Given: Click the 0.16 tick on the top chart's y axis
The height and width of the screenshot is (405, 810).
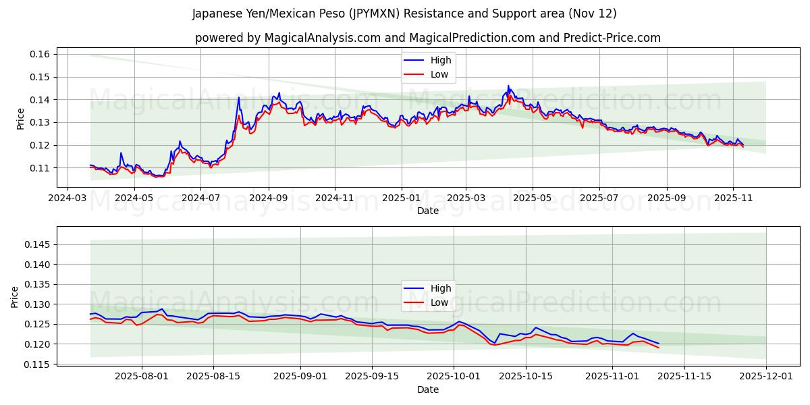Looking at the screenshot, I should tap(40, 54).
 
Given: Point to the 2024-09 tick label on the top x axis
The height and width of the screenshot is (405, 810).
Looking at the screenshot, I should tap(269, 198).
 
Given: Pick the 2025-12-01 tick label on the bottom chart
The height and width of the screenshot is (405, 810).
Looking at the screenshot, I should tap(766, 377).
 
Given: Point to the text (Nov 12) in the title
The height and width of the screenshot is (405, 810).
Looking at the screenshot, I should tap(593, 13).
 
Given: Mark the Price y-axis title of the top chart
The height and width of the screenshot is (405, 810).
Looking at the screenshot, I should tap(20, 119).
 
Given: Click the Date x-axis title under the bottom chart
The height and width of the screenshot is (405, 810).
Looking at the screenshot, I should tap(427, 389).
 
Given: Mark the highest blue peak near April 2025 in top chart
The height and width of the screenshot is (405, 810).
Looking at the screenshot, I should tap(508, 86).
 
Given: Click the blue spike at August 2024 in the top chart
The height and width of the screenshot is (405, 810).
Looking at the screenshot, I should tap(238, 98).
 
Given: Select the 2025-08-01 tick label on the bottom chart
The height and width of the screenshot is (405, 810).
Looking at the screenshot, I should tap(142, 377).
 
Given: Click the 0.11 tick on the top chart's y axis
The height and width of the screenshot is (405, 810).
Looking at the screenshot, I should tap(40, 167).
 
